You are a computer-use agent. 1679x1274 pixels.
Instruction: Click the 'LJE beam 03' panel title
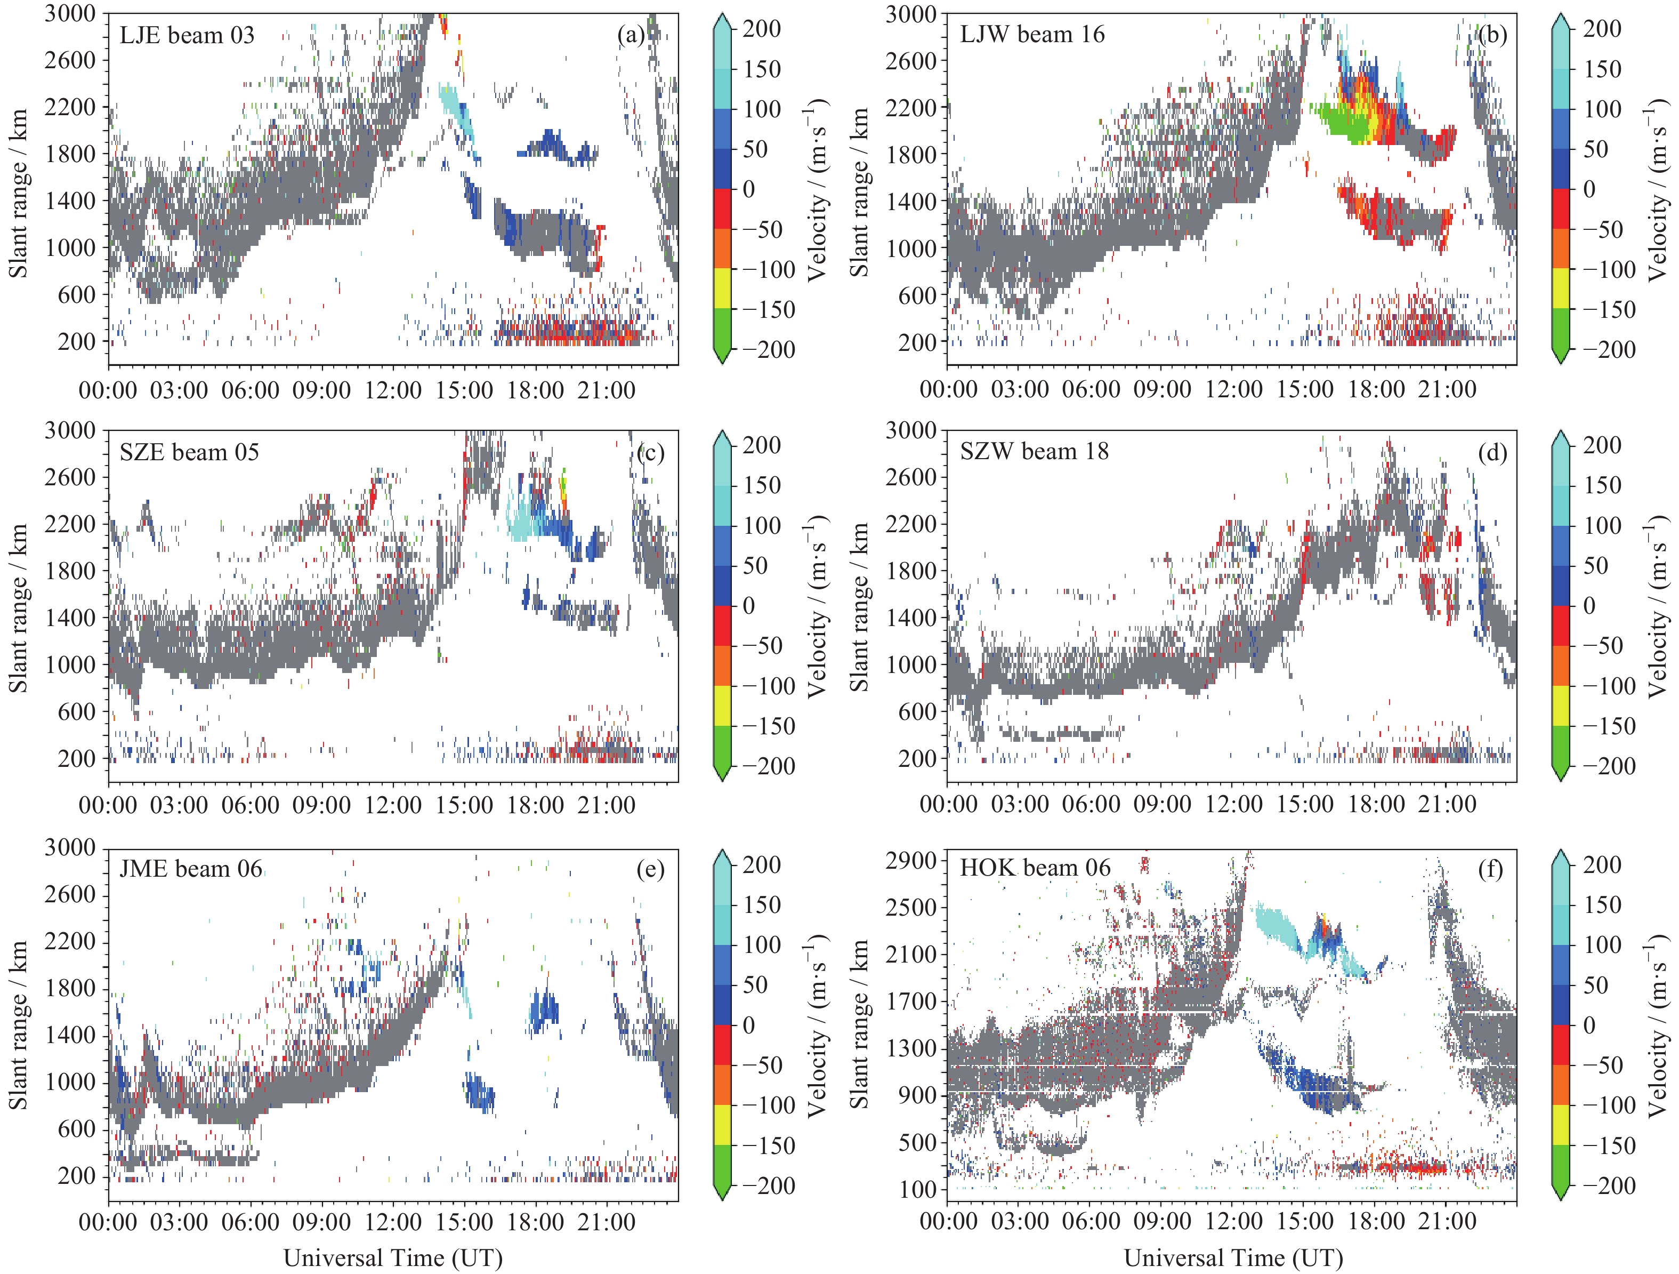pos(187,35)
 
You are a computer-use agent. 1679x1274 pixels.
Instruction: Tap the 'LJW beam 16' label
pos(1032,34)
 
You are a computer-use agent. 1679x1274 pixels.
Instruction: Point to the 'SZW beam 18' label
pos(1034,451)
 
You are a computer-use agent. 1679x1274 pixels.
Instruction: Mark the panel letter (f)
pos(1491,869)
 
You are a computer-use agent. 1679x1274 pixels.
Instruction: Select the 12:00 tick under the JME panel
pos(393,1222)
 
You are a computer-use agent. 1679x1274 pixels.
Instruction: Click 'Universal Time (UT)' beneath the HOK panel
pos(1233,1258)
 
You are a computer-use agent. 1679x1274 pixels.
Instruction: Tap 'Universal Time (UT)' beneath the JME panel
pos(393,1258)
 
